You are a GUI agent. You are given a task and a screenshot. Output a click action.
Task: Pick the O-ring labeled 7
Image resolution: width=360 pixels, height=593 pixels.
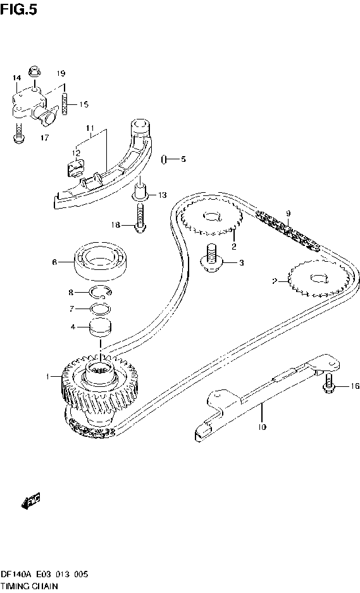(99, 309)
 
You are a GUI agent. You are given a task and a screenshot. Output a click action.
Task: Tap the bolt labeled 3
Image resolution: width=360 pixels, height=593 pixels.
(211, 260)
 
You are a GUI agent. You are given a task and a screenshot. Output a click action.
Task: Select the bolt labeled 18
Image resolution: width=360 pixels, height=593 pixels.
(139, 221)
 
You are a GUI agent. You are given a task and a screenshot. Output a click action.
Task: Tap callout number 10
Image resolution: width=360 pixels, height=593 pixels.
(262, 427)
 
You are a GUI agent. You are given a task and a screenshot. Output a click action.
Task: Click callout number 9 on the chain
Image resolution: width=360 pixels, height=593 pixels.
(287, 213)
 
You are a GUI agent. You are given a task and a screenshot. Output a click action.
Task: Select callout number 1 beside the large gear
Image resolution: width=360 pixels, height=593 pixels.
(47, 377)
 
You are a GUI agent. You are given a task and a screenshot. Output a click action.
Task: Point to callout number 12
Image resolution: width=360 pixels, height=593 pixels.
(76, 152)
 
